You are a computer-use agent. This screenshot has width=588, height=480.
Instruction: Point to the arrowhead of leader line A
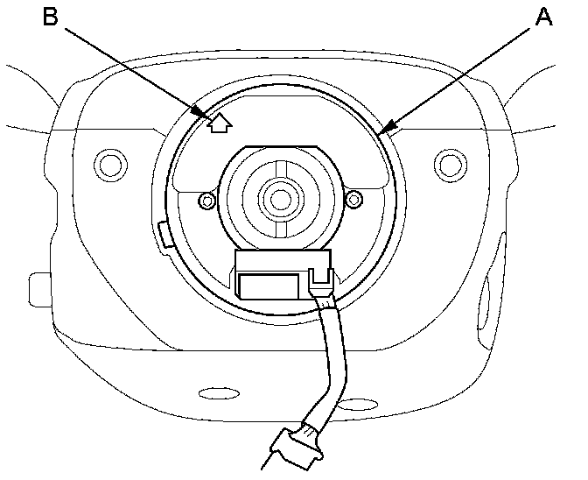point(385,132)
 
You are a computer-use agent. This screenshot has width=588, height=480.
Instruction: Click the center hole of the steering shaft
point(280,199)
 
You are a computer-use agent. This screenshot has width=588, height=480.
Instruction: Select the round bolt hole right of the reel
point(450,162)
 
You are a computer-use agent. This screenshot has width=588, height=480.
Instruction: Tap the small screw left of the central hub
point(206,201)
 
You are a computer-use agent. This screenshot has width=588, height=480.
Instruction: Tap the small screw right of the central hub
point(354,201)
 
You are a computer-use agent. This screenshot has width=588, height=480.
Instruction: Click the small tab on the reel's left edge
point(164,234)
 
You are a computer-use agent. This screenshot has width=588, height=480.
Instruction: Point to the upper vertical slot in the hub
point(280,169)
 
